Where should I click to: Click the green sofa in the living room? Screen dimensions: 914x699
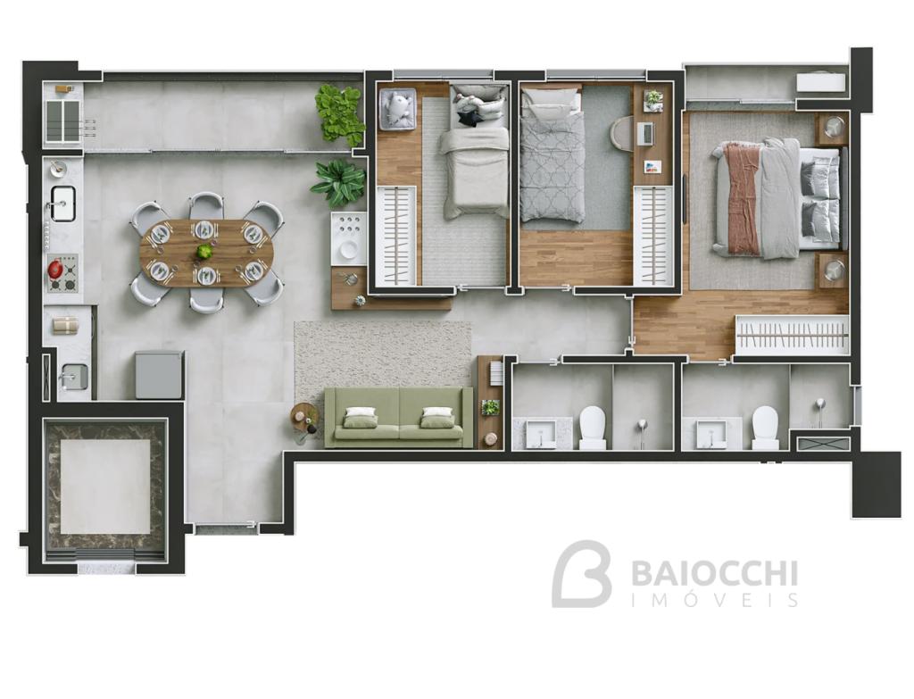click(x=399, y=418)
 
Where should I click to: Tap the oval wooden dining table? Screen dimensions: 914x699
click(x=205, y=253)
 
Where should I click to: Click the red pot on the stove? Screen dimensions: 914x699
click(x=56, y=269)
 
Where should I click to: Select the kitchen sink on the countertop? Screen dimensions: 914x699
click(x=63, y=203)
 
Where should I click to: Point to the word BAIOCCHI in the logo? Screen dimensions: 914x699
click(x=714, y=574)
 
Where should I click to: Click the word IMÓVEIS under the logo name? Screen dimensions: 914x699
click(x=714, y=600)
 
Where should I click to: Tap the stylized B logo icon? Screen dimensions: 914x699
click(x=581, y=574)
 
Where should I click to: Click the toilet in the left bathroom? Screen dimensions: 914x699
click(x=594, y=428)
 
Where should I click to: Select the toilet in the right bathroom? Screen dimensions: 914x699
click(x=765, y=428)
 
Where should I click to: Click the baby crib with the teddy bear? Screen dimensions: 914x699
click(x=397, y=108)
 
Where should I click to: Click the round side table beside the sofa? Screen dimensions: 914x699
click(x=305, y=418)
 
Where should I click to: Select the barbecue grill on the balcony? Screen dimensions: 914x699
click(x=63, y=121)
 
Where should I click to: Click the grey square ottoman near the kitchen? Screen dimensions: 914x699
click(x=160, y=374)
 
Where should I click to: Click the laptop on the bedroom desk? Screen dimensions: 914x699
click(x=646, y=134)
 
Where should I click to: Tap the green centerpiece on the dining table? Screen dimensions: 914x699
click(x=204, y=253)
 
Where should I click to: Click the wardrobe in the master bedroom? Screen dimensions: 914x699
click(x=792, y=335)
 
